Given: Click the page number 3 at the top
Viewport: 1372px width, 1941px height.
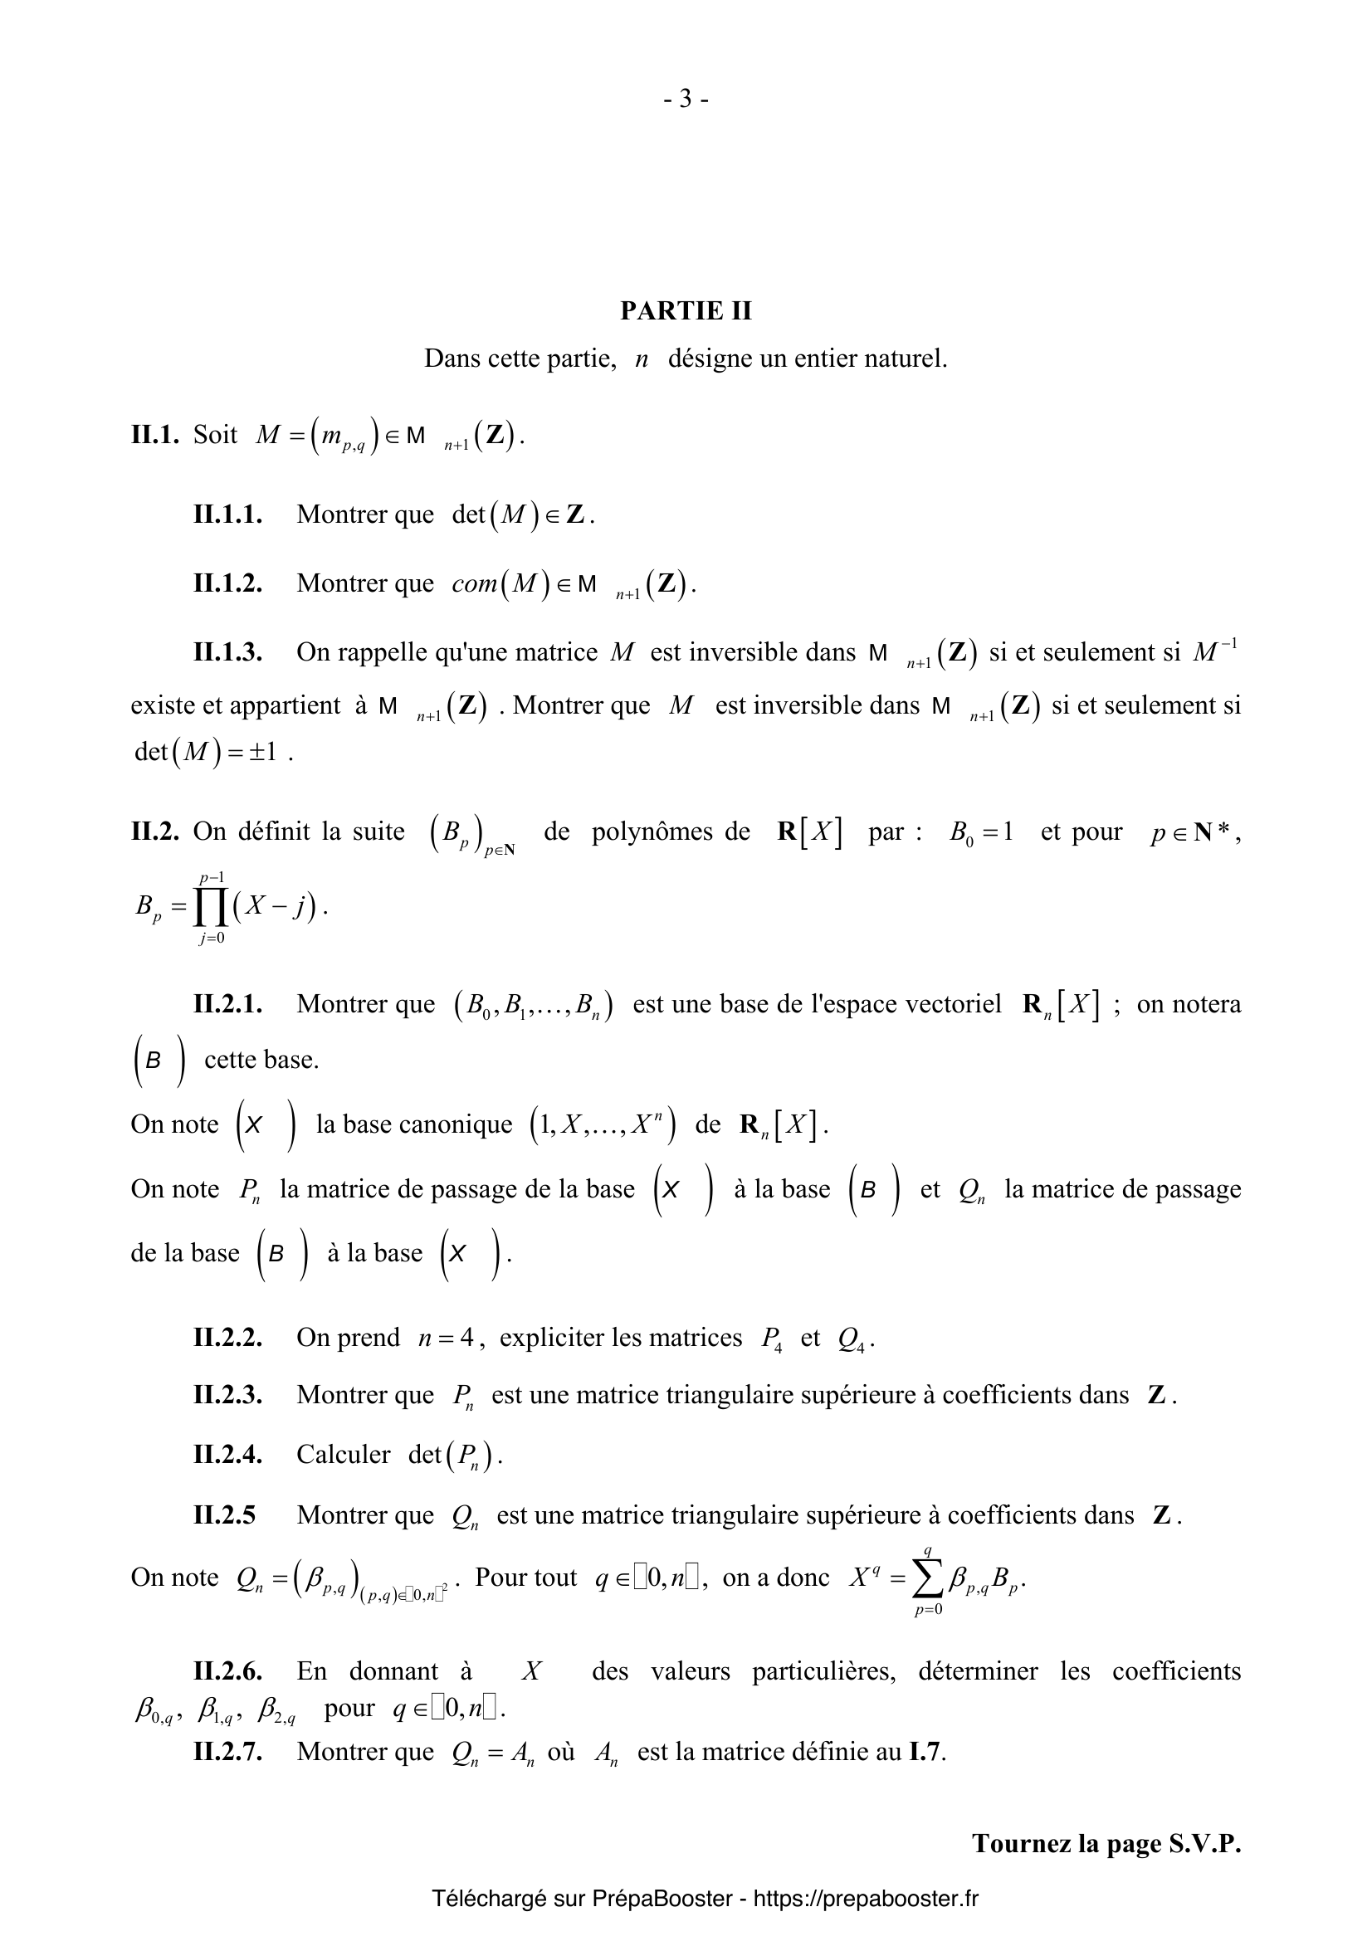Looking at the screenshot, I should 686,100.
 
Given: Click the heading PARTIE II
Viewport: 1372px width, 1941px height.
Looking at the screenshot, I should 686,311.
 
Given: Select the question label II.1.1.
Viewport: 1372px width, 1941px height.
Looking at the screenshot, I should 227,514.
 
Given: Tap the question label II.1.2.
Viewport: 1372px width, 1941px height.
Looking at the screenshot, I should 227,583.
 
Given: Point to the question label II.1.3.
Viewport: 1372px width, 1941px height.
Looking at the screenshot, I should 227,652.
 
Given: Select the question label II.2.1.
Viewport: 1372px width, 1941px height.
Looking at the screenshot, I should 227,1004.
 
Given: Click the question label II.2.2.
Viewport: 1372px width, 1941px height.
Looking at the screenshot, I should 227,1338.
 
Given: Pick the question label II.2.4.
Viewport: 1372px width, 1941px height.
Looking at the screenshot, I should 227,1454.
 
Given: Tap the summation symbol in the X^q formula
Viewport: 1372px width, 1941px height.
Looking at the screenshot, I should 927,1578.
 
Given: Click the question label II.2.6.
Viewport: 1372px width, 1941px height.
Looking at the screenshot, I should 227,1671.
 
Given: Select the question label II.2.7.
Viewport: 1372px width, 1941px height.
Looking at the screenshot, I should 227,1752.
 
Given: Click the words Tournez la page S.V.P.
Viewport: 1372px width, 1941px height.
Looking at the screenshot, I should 1106,1844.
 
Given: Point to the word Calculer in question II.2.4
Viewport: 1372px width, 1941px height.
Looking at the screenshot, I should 344,1454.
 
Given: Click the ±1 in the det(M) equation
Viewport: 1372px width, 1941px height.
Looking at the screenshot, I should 264,752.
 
